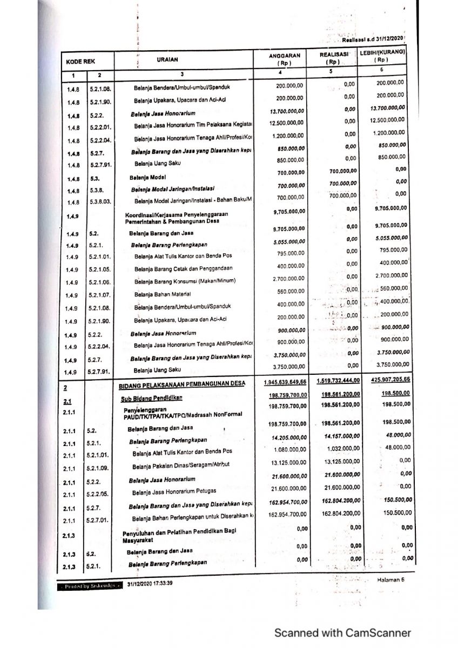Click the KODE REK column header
[80, 62]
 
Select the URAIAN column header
[167, 59]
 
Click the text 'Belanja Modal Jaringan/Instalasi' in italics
[172, 188]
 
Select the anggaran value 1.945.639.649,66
[285, 382]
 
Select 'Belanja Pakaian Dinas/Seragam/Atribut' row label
[176, 467]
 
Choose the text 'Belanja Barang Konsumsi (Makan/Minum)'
[185, 281]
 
